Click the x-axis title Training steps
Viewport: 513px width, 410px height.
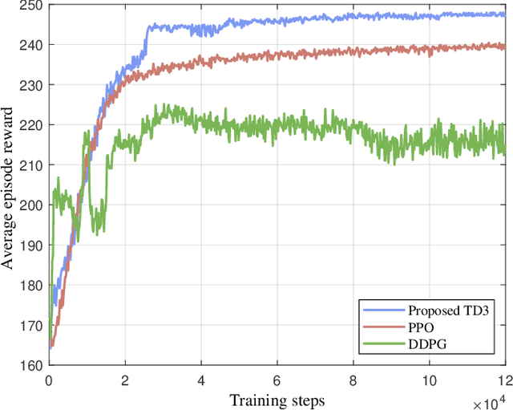276,399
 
